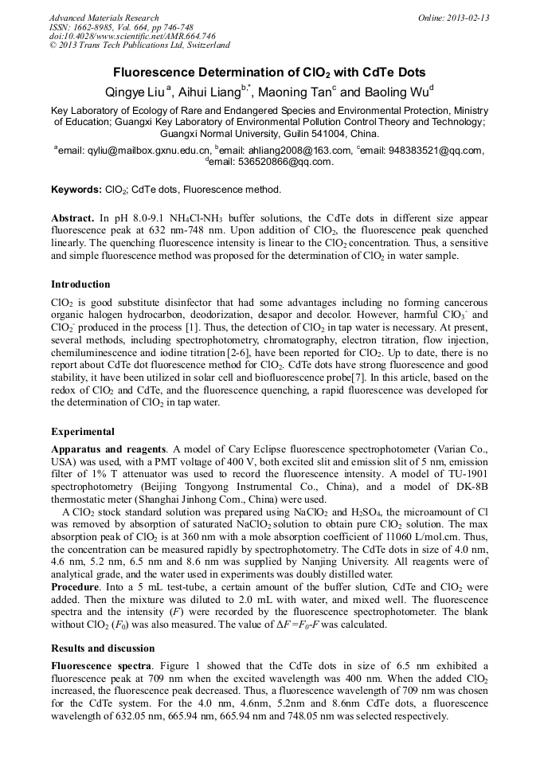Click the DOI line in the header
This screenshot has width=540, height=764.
132,36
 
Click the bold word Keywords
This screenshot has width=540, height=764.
76,190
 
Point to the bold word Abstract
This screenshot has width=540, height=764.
72,218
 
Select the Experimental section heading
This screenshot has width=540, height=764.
83,432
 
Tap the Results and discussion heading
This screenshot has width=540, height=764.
103,648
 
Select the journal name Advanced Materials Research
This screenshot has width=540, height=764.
104,18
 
